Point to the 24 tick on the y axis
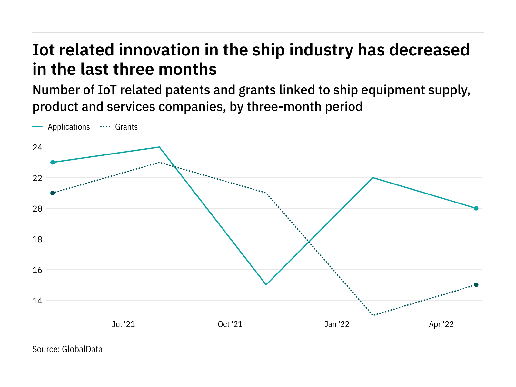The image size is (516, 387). [37, 147]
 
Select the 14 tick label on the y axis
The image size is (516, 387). [37, 301]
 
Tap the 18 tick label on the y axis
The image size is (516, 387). [37, 239]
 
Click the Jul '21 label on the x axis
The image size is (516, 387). [123, 324]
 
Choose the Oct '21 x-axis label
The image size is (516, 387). [230, 324]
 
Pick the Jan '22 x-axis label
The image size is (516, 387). [337, 324]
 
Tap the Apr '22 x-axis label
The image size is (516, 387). [441, 324]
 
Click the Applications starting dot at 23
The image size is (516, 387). [53, 162]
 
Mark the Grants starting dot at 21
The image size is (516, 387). [53, 193]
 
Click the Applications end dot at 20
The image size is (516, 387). [476, 208]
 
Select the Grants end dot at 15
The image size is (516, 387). [476, 285]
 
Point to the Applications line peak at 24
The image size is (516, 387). [159, 147]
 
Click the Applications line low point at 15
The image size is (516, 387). [266, 285]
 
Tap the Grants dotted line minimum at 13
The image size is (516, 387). [373, 315]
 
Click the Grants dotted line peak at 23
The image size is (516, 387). [159, 162]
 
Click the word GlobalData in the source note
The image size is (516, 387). [82, 349]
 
